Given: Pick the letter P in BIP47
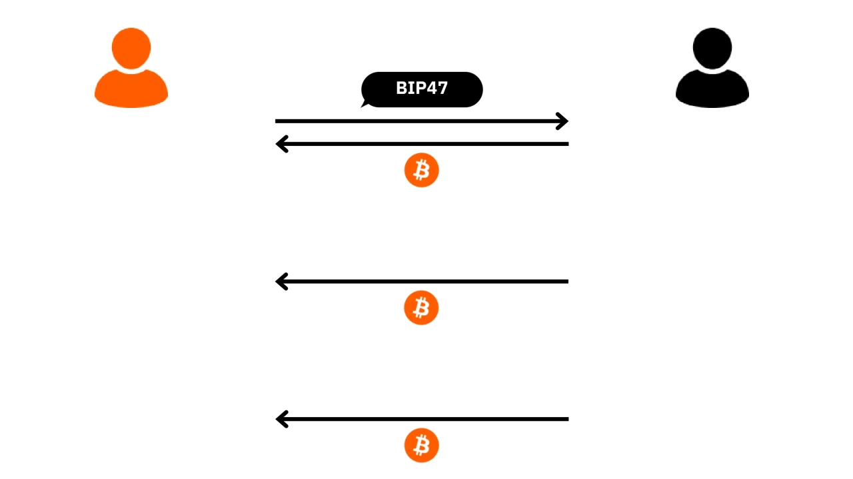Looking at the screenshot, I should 421,89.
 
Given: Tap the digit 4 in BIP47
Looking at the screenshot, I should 432,89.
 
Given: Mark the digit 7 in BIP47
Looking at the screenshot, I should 442,89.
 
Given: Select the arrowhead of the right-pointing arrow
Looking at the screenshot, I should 564,121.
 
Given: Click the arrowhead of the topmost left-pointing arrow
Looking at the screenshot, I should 280,144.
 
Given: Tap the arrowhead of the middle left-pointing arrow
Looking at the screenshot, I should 280,282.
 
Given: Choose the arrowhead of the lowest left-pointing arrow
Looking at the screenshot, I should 280,419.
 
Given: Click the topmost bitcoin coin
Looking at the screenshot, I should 421,171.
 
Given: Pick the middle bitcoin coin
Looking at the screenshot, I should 421,308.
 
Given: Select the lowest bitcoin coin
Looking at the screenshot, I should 421,445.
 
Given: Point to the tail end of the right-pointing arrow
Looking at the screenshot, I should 277,121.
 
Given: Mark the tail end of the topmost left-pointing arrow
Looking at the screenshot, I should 566,144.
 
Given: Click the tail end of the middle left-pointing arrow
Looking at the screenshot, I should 566,282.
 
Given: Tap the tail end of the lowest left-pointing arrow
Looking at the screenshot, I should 566,419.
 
